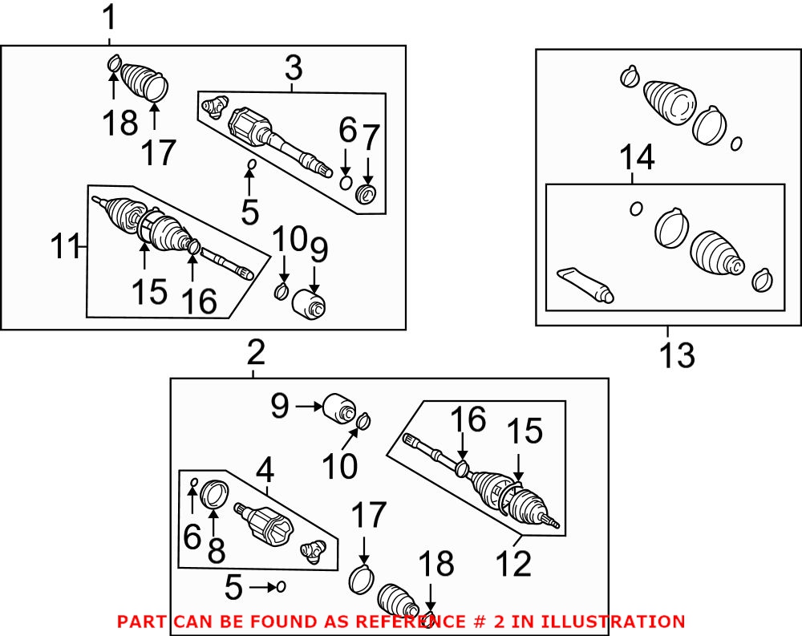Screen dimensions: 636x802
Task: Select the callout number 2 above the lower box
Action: point(255,353)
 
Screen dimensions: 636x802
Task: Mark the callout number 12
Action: point(513,563)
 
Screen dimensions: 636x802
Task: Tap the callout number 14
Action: point(636,158)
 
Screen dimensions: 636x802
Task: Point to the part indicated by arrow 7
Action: point(368,193)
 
